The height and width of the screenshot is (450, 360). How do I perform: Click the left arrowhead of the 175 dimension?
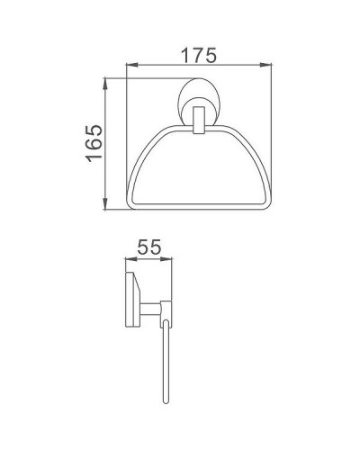coord(126,66)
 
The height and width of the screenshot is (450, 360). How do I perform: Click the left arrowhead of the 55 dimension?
coord(126,261)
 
